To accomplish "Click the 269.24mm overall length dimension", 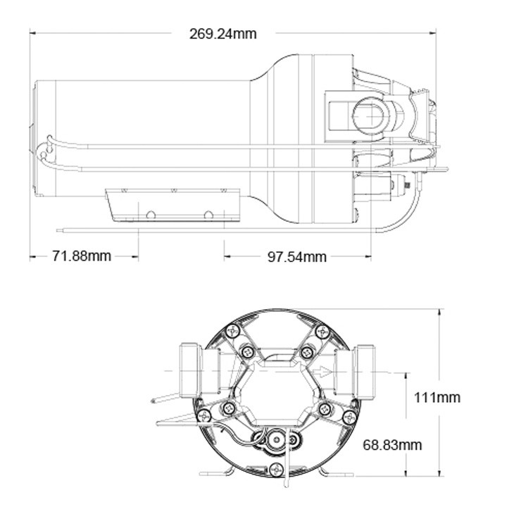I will click(x=223, y=33).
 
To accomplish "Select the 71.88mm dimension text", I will click(x=82, y=256).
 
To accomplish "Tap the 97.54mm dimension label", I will click(x=296, y=256).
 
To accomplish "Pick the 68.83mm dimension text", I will click(x=392, y=444).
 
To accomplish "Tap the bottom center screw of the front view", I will click(x=276, y=470).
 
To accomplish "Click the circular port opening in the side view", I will click(x=368, y=113).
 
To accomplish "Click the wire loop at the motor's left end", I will click(x=44, y=151).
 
